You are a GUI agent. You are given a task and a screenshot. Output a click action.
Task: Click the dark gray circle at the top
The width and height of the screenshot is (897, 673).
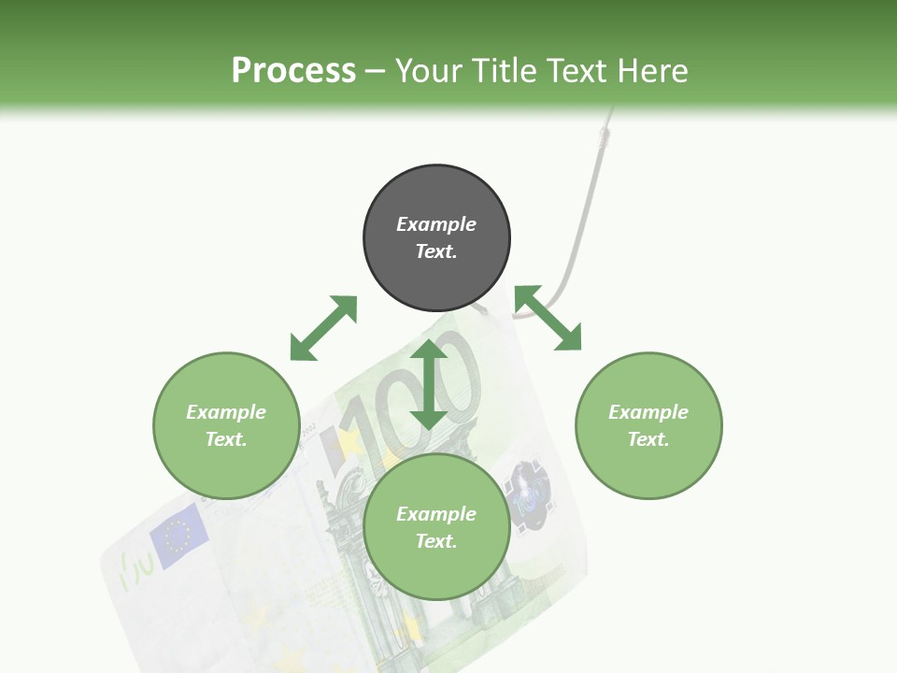coord(436,238)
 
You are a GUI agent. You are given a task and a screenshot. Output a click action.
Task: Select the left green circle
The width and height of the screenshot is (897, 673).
coord(226,425)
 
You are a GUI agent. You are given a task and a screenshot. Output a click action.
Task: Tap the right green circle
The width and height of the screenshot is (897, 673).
coord(648,425)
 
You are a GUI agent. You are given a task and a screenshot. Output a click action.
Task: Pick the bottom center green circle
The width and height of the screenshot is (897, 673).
coord(436,527)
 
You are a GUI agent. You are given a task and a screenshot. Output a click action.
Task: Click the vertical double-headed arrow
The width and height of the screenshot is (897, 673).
coord(429,384)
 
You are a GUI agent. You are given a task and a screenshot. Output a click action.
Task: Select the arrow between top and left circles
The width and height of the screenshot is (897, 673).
coord(323,328)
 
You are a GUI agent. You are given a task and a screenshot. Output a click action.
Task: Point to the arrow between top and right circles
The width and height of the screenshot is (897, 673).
coord(548,318)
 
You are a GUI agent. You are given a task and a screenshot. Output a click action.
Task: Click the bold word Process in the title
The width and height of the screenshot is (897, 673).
coord(293,70)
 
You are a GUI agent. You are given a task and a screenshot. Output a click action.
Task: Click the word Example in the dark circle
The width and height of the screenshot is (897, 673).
coord(436,224)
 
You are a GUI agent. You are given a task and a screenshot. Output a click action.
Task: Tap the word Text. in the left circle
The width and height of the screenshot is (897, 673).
coord(226,439)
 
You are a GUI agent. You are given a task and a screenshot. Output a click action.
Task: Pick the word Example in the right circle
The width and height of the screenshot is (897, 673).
coord(648,412)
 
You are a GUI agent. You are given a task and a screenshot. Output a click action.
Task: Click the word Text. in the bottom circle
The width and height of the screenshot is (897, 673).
coord(436,541)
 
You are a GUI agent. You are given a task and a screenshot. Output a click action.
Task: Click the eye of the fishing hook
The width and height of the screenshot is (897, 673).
coord(605,136)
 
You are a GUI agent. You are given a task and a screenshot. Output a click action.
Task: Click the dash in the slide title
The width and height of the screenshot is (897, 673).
coord(376,71)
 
